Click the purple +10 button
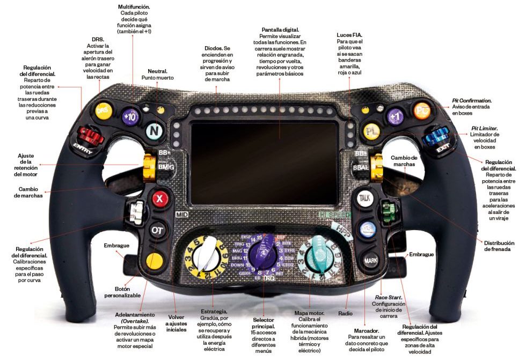coord(129,116)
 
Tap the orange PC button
coord(422,110)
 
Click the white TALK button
coord(365,198)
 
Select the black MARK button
coord(370,261)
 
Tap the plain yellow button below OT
coord(154,261)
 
